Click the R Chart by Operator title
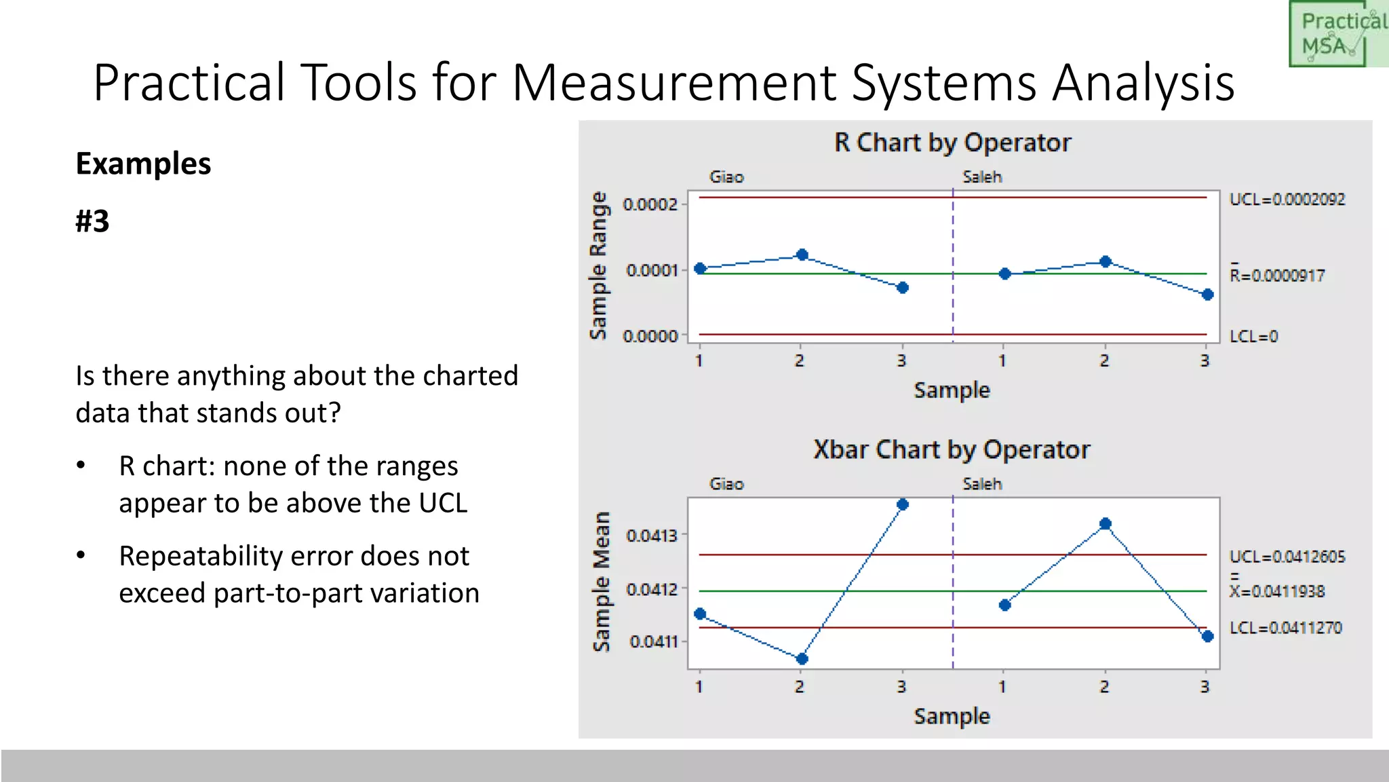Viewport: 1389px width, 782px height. [952, 143]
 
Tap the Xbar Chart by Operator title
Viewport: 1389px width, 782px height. [952, 450]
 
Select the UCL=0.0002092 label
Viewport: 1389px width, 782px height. [1287, 200]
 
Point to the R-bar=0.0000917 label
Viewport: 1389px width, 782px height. [1277, 276]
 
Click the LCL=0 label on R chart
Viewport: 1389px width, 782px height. [1253, 337]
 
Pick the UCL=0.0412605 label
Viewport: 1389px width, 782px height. [1287, 557]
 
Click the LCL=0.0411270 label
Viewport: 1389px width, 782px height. [1285, 628]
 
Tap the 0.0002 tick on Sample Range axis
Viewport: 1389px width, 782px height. [650, 204]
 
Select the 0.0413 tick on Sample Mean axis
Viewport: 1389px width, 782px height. [652, 536]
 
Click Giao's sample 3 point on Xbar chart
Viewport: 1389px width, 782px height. [902, 504]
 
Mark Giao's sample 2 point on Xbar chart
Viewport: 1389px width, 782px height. [802, 658]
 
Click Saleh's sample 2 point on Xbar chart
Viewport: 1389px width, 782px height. [1105, 524]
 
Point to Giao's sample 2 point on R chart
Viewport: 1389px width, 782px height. [802, 255]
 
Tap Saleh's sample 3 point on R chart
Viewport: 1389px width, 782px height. [1207, 295]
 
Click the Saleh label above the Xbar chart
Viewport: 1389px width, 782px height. [981, 484]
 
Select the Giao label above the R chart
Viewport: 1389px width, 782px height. [726, 177]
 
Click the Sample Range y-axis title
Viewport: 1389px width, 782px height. [598, 265]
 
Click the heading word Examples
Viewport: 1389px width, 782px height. [143, 164]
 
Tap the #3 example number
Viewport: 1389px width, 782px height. [92, 221]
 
